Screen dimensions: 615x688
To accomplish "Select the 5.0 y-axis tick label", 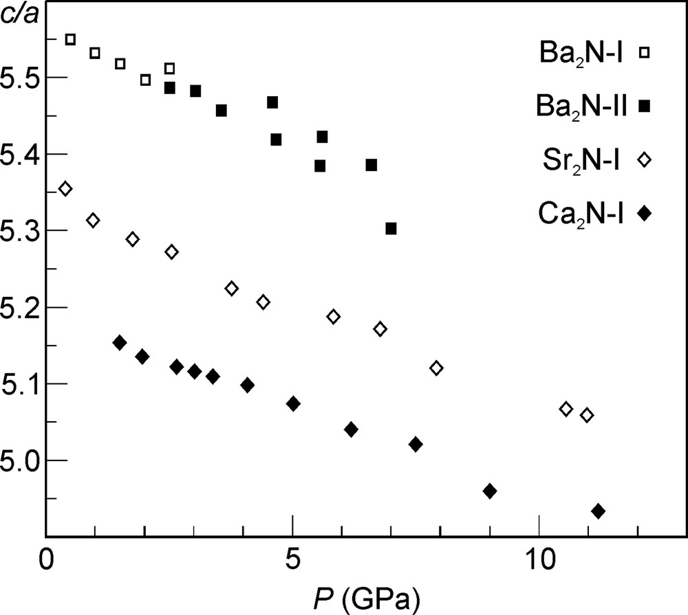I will [x=21, y=460].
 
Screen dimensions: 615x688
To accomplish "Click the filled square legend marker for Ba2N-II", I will [x=645, y=105].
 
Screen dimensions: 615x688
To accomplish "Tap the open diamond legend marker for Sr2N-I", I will [x=645, y=159].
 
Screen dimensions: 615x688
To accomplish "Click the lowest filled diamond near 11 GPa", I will [x=598, y=511].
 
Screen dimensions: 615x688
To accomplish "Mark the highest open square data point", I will [x=70, y=39].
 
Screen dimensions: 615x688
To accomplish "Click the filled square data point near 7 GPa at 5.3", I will [x=391, y=228].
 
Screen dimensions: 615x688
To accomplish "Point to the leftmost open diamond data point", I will [x=65, y=189].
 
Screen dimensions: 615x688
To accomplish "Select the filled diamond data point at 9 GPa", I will [x=490, y=491].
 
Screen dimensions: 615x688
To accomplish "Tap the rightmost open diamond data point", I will [x=587, y=415].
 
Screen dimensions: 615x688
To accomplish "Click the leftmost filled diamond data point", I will [x=120, y=343].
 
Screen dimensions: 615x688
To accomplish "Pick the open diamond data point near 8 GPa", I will [x=436, y=368].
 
